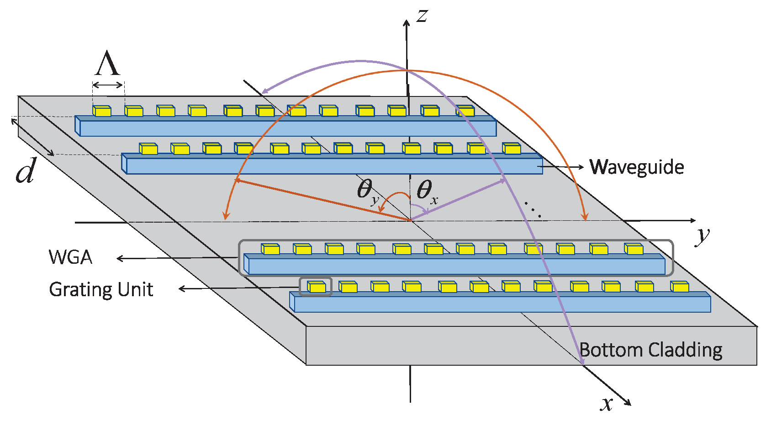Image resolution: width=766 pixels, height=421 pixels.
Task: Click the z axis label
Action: click(x=422, y=16)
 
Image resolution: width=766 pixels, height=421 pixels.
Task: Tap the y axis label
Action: click(x=703, y=236)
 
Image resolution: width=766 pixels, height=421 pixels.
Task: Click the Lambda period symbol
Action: click(x=107, y=64)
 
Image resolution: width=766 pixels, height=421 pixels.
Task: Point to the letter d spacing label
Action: click(x=26, y=172)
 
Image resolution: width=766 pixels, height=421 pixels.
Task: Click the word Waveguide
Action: click(x=637, y=167)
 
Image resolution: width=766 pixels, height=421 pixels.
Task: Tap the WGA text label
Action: click(x=70, y=257)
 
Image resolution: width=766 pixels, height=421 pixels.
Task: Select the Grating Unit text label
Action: click(x=101, y=290)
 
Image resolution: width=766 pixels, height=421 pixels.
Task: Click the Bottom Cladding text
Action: click(x=651, y=350)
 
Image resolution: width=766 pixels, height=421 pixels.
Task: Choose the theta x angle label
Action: click(x=427, y=191)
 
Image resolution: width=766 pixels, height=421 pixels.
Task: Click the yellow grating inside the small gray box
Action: click(x=316, y=287)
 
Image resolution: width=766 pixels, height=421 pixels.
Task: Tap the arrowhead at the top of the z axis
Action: click(x=406, y=23)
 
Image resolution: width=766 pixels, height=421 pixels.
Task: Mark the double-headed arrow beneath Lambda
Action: click(x=108, y=85)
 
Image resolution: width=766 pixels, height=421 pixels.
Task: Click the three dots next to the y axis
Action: click(x=533, y=209)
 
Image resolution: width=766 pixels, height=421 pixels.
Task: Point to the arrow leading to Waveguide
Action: click(x=562, y=167)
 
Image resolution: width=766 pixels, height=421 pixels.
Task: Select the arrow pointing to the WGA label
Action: click(x=178, y=258)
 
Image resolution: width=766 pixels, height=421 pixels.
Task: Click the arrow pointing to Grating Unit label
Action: click(x=238, y=288)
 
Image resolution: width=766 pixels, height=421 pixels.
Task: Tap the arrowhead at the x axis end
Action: click(x=628, y=402)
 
